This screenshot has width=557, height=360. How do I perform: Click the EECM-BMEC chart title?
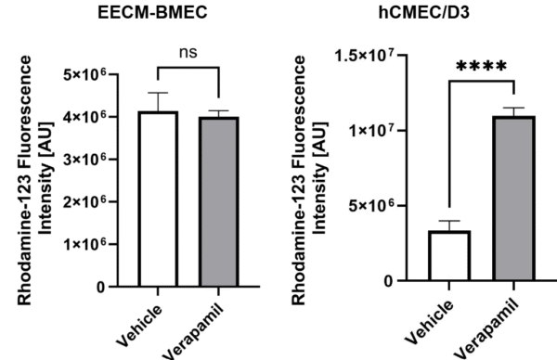coord(152,12)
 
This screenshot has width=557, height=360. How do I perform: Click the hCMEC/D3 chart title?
coord(424,12)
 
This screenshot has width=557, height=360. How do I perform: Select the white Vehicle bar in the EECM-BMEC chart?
coord(158,199)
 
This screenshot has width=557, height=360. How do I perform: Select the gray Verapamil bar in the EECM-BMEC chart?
coord(219,201)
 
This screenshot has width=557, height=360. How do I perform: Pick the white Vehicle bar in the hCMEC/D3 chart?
coord(449,256)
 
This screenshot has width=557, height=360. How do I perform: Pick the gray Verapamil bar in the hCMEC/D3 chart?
coord(513,199)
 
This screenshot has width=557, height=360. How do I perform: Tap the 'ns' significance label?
coord(188,53)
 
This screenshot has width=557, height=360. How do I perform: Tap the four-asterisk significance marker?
coord(481,67)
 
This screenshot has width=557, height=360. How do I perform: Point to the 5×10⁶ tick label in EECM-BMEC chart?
coord(84,74)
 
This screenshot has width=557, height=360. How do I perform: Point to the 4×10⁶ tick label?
coord(84,117)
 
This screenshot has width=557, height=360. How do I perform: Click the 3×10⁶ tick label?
coord(84,160)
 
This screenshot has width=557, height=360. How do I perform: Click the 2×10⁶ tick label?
coord(84,201)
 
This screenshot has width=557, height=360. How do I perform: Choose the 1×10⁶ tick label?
coord(84,244)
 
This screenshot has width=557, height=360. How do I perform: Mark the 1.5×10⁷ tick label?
coord(365,56)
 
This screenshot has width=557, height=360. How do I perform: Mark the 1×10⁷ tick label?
coord(372,131)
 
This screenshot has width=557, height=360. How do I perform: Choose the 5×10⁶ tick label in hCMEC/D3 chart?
coord(372,206)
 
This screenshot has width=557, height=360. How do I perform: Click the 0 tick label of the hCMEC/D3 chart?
coord(389,281)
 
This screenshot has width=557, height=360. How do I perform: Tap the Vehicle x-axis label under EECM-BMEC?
coord(139,326)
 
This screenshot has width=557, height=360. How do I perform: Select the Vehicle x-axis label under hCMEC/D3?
coord(430,322)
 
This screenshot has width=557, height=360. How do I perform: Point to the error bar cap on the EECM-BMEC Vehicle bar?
coord(158,93)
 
